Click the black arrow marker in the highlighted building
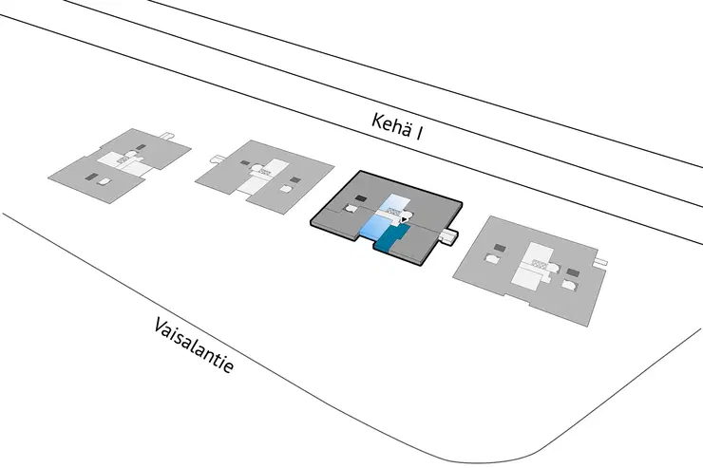(405, 221)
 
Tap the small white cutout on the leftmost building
(106, 180)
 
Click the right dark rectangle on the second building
(294, 178)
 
